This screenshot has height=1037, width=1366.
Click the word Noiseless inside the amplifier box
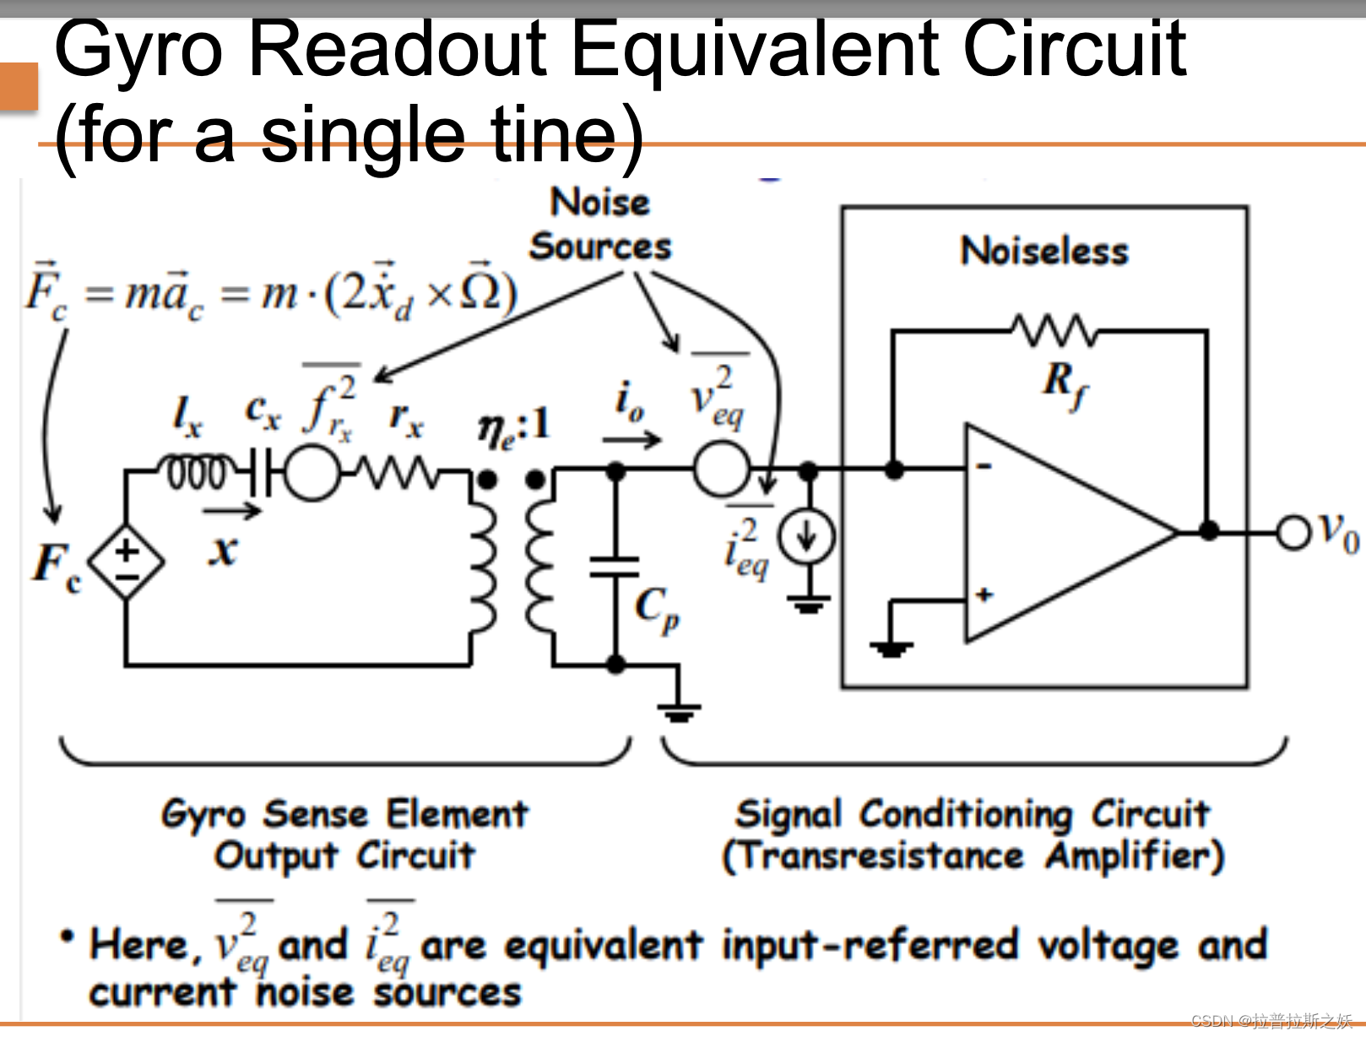click(1044, 251)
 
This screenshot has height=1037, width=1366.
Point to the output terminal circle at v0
click(1292, 532)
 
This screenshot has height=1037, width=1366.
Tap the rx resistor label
click(406, 417)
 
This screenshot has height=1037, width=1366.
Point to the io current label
click(630, 401)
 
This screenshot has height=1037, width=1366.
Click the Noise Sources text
click(600, 225)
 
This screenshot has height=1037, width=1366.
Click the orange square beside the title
click(18, 86)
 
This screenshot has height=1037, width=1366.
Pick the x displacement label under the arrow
click(223, 551)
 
